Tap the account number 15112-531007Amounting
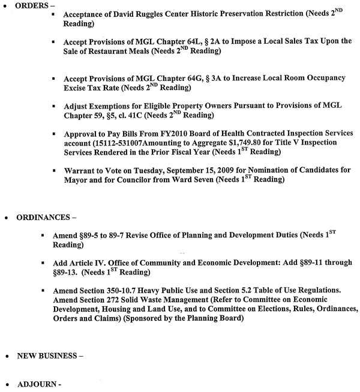[x=139, y=143]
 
